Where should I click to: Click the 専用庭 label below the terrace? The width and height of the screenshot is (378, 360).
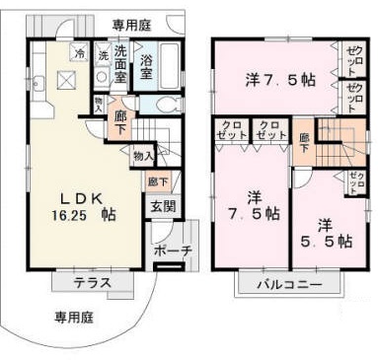pyautogui.click(x=75, y=318)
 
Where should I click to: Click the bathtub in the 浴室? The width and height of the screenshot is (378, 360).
pyautogui.click(x=169, y=60)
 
